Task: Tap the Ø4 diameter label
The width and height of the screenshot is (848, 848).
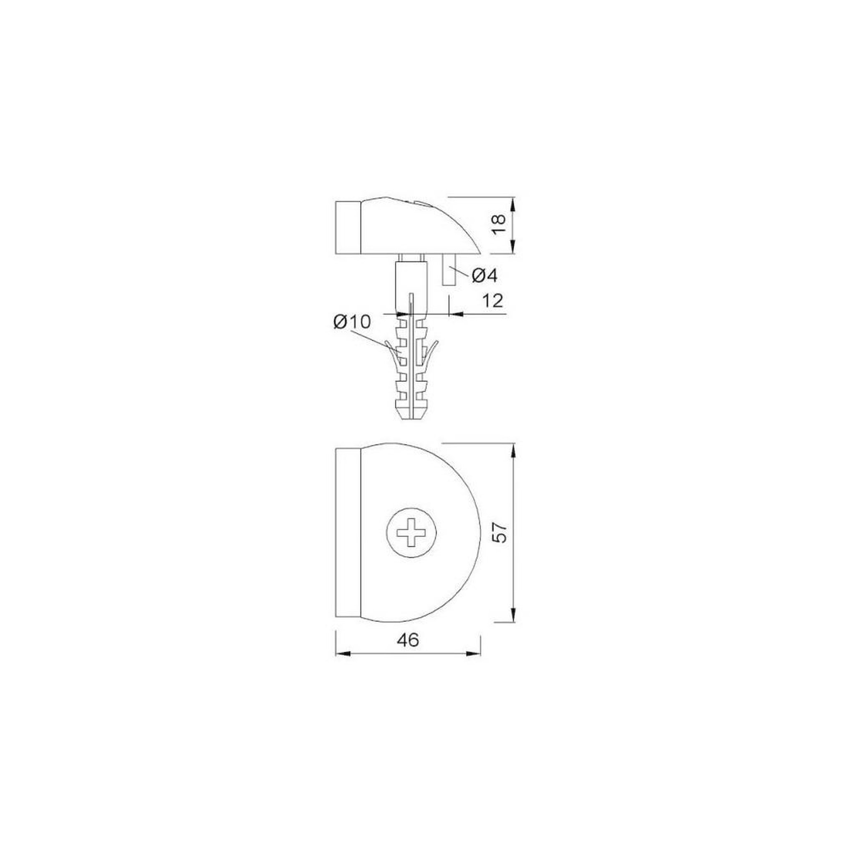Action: pyautogui.click(x=485, y=276)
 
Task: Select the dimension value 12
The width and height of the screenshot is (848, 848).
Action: pyautogui.click(x=492, y=301)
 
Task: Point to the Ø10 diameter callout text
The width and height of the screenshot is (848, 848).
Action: pyautogui.click(x=352, y=322)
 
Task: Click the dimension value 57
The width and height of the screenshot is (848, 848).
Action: pyautogui.click(x=500, y=532)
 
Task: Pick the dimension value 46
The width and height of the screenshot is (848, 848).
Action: pyautogui.click(x=408, y=641)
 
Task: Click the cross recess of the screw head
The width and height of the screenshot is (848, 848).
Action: pyautogui.click(x=411, y=533)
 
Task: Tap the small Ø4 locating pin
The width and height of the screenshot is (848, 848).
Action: pyautogui.click(x=448, y=270)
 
